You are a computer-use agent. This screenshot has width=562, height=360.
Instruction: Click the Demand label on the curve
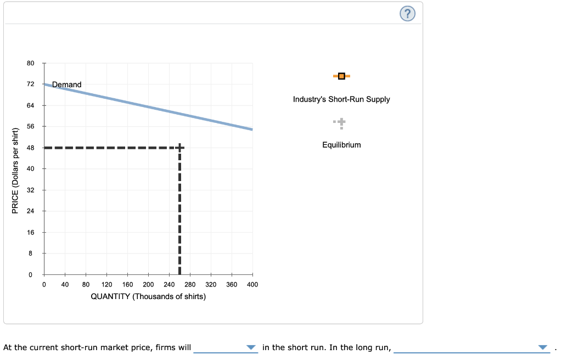(67, 85)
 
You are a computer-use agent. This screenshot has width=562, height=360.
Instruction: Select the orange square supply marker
(341, 76)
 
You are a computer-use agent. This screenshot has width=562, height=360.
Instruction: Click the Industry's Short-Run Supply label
(341, 99)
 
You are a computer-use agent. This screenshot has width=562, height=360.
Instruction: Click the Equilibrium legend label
(341, 145)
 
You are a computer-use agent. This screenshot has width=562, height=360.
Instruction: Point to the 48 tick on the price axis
(31, 148)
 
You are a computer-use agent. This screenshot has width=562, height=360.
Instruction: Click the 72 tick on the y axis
(31, 84)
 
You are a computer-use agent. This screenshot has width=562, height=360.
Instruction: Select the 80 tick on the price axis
(31, 63)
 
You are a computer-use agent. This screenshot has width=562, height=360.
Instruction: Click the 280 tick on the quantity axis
(190, 284)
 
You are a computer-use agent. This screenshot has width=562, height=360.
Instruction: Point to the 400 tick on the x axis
(252, 284)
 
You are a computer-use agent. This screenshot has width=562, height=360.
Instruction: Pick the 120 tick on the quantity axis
(106, 284)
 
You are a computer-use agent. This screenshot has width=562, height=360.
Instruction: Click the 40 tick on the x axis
(65, 284)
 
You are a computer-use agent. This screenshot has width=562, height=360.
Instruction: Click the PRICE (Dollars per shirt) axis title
(15, 170)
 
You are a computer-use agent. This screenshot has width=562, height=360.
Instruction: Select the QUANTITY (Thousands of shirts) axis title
(148, 297)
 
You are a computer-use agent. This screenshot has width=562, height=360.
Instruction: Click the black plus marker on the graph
(179, 148)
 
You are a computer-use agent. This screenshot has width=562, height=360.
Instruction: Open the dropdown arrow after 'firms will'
(251, 347)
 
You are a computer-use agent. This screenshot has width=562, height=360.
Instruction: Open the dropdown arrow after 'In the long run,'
(543, 347)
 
